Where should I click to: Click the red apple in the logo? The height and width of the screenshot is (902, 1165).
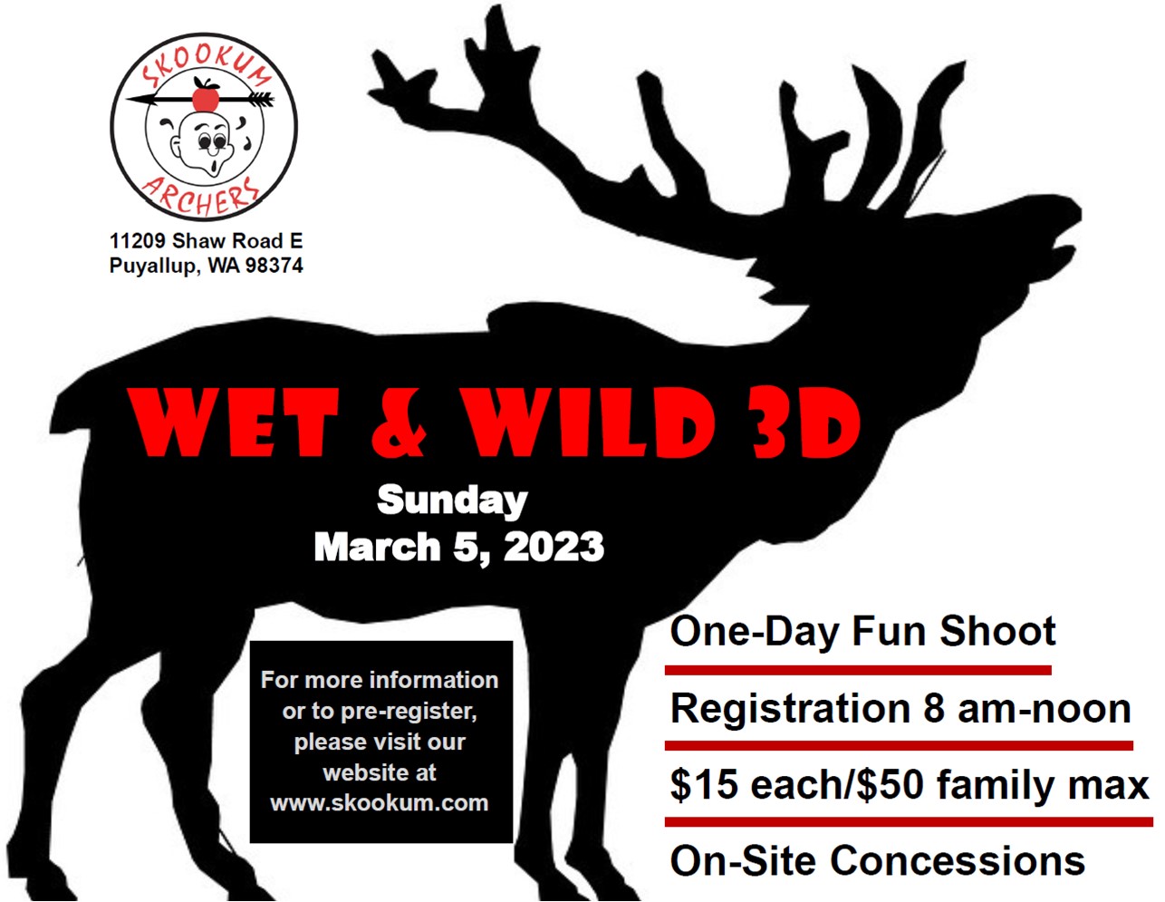206,94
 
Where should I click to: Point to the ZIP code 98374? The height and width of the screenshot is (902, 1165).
274,266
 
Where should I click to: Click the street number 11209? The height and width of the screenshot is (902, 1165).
138,241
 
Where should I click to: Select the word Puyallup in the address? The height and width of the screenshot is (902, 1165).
152,266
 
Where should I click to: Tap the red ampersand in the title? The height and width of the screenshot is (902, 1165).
398,423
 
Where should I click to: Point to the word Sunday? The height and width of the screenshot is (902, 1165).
452,500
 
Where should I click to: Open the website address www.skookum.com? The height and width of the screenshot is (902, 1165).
380,803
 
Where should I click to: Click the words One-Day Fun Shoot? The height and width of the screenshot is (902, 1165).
862,631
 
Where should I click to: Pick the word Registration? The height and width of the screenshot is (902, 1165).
791,708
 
